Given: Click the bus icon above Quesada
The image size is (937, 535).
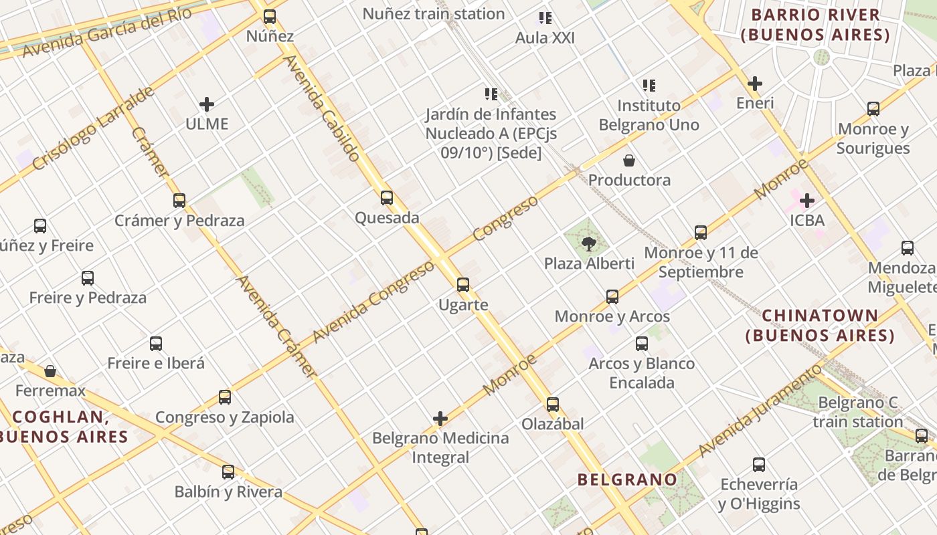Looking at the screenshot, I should click(x=387, y=198).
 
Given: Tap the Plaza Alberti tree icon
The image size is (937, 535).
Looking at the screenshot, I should click(x=589, y=244).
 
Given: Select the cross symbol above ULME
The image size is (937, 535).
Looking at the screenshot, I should click(x=207, y=104).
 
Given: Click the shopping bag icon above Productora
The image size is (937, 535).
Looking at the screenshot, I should click(x=629, y=160).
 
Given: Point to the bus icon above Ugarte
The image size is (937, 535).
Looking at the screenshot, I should click(x=463, y=285).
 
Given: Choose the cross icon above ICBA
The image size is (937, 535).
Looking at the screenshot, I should click(x=807, y=200).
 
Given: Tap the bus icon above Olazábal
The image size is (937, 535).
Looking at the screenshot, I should click(x=553, y=404).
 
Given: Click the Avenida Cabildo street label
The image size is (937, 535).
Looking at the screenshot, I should click(x=323, y=108).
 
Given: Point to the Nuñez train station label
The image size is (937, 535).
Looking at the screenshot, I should click(x=434, y=13).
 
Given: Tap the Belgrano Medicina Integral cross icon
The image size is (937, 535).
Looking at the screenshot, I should click(x=440, y=419).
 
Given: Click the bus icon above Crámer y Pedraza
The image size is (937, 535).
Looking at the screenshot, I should click(x=179, y=200).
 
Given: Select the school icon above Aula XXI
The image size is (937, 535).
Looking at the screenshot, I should click(x=545, y=18).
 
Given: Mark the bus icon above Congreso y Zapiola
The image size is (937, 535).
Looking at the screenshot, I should click(x=225, y=397).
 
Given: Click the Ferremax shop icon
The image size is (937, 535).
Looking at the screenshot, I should click(x=50, y=370).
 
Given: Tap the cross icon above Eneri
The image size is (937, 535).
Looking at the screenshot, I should click(x=755, y=84).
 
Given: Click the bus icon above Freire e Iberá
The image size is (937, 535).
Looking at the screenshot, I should click(x=156, y=344).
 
